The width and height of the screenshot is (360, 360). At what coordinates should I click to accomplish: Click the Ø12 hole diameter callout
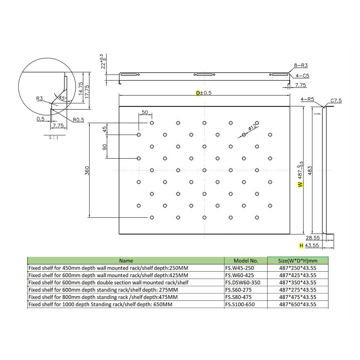coord(253,127)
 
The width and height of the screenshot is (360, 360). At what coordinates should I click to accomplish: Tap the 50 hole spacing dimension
coord(145,112)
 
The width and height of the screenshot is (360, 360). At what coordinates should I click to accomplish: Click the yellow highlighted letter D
coord(198,93)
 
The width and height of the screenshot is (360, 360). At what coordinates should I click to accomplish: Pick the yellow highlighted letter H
coord(301,246)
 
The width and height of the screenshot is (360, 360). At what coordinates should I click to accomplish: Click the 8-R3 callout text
coord(301,66)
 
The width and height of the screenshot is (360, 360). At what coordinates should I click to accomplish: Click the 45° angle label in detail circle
coord(62,98)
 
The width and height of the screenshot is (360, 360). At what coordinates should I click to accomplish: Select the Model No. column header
coord(246,261)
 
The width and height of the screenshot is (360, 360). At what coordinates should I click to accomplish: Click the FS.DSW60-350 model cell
coord(242,283)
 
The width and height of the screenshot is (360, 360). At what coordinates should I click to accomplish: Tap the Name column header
coord(126,261)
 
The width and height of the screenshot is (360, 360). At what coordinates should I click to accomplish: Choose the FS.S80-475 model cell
coord(238,297)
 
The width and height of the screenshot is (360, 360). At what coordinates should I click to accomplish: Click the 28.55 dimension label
coord(313,238)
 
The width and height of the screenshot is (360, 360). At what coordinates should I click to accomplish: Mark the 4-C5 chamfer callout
coord(301,76)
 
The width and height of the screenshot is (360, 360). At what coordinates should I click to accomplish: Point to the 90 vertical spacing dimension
coord(105,147)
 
